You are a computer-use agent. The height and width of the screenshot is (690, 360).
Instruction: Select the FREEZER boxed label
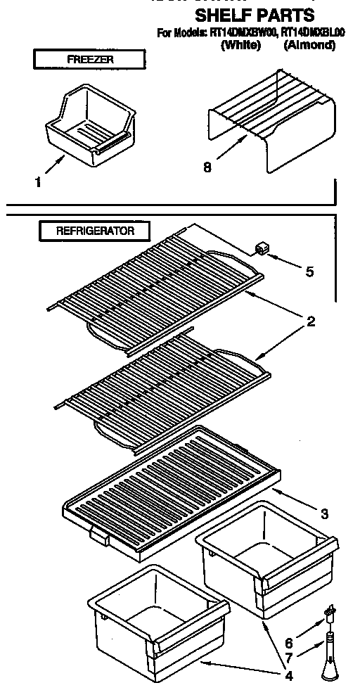click(x=90, y=60)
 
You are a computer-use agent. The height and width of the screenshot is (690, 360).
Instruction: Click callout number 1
click(x=38, y=181)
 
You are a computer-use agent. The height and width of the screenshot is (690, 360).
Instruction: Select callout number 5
click(x=309, y=271)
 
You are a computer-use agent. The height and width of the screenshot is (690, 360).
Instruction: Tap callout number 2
click(x=309, y=323)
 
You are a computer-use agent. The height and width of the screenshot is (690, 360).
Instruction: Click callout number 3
click(x=324, y=514)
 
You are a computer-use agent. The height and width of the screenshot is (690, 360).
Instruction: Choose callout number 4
click(x=288, y=678)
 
